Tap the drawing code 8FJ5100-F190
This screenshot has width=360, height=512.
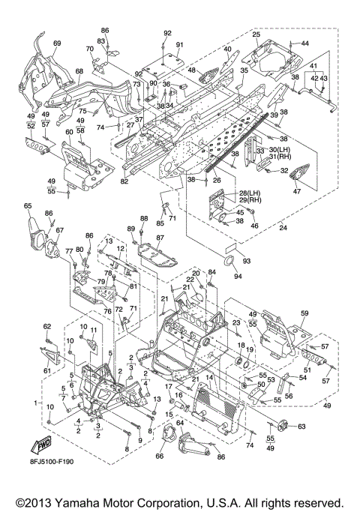click(52, 461)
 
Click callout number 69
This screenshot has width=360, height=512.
click(57, 43)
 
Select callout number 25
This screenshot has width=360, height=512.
click(256, 34)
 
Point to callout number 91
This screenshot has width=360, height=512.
click(180, 45)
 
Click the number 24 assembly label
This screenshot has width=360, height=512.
click(283, 228)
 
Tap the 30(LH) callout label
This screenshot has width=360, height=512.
click(280, 149)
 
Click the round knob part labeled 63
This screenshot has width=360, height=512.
click(282, 426)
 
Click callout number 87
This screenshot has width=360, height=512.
click(160, 238)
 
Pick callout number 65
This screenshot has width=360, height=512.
click(28, 205)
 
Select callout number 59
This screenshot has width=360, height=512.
click(304, 313)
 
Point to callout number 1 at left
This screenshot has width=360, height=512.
click(36, 403)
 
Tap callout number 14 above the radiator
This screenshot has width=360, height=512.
click(209, 378)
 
